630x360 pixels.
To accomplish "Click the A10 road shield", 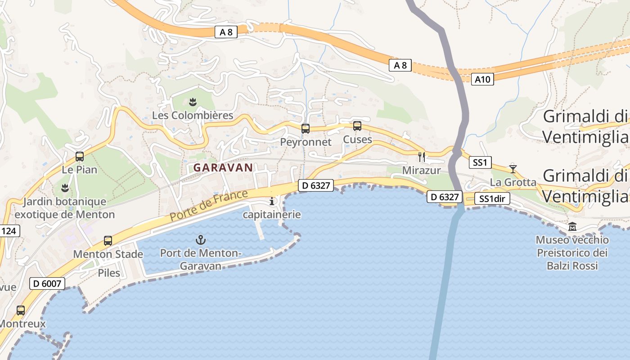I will pos(483,80).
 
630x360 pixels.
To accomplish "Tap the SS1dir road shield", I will pos(492,199).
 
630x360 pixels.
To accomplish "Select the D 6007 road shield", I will pos(47,283).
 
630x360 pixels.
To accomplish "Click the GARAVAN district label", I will pos(223,167).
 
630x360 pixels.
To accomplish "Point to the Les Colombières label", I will pos(193,116).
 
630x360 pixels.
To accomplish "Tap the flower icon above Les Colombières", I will pos(193,102).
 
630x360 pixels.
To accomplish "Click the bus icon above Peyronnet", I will pos(306,129).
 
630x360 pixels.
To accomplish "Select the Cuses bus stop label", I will pos(358,139).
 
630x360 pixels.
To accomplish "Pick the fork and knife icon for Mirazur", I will pos(422,157).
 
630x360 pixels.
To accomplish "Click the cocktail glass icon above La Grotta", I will pos(513,169).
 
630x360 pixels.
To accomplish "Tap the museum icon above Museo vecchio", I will pos(572,226).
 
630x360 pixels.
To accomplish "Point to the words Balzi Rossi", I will pos(572,266).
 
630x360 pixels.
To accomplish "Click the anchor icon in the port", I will pos(201,240).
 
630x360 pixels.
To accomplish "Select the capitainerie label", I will pos(272,215).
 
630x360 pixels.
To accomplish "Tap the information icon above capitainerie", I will pos(272,201).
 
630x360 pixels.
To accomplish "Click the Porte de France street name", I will pos(209,206).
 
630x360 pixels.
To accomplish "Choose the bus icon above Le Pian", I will pos(80,157).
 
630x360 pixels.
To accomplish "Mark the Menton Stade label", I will pos(108,254).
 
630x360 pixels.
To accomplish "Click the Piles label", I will pos(109,273).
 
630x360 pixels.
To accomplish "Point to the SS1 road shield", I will pos(480,162).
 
